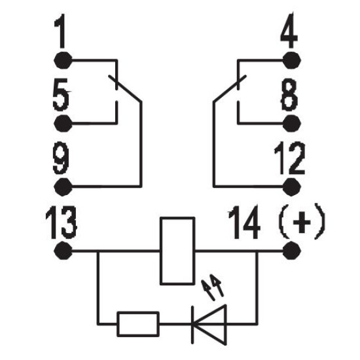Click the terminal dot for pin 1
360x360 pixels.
click(x=63, y=60)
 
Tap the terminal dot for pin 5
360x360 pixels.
click(x=63, y=124)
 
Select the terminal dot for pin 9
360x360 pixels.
click(x=63, y=187)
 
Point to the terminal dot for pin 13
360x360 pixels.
click(x=63, y=251)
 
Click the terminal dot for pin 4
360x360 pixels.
click(x=291, y=60)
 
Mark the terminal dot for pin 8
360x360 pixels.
click(x=291, y=124)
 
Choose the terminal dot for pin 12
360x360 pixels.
click(x=291, y=187)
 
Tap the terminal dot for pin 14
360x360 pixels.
click(x=291, y=251)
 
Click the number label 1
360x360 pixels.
click(x=61, y=31)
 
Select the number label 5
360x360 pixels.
click(x=61, y=94)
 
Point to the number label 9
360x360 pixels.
click(x=61, y=158)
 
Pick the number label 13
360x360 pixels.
click(x=61, y=223)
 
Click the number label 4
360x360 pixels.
click(x=289, y=31)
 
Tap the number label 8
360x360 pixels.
click(x=289, y=94)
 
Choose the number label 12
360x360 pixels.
click(x=290, y=158)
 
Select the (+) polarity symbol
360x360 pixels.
click(x=302, y=221)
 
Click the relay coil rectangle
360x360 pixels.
click(x=177, y=251)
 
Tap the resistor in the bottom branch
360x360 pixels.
click(x=138, y=324)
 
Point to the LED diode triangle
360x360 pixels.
click(x=209, y=325)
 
